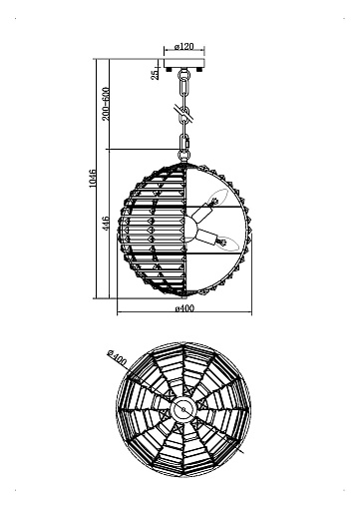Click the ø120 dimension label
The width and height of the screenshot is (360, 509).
click(x=184, y=46)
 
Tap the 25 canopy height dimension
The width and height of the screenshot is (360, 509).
click(x=155, y=75)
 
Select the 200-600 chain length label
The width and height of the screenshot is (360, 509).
click(x=106, y=104)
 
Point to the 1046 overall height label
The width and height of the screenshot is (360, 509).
click(x=93, y=179)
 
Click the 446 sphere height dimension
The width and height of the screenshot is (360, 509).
click(x=106, y=224)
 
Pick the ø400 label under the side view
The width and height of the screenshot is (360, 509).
click(x=184, y=308)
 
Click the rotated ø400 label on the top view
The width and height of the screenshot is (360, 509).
click(x=117, y=357)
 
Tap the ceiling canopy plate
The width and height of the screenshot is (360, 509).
click(x=184, y=63)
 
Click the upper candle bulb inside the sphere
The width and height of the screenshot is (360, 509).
click(x=216, y=197)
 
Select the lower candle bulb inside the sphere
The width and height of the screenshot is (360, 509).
click(x=227, y=244)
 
